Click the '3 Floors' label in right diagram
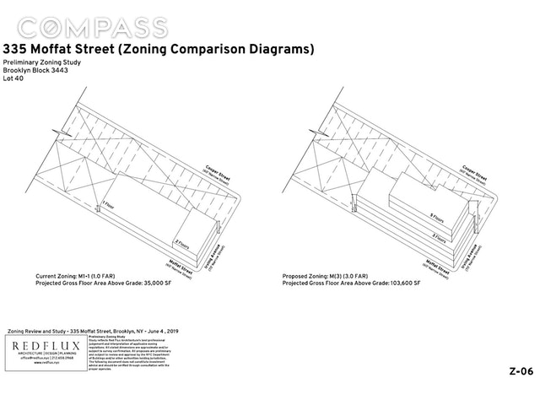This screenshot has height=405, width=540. [x=437, y=236]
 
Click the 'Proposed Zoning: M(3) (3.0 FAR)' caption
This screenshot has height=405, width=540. [x=337, y=276]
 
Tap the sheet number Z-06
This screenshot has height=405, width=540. [x=520, y=371]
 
